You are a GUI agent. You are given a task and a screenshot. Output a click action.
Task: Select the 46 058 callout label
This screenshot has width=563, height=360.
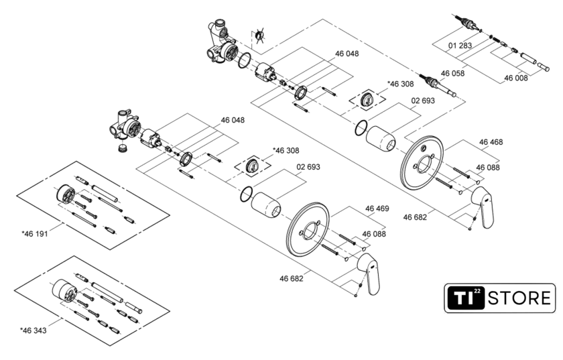coord(452,73)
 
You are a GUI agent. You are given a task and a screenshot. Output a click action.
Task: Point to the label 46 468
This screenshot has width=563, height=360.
coord(491,142)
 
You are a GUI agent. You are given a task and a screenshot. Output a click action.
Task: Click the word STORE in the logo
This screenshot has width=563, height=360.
coord(521,298)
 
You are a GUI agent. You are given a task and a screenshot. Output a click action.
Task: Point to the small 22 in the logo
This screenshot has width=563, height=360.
coord(477,291)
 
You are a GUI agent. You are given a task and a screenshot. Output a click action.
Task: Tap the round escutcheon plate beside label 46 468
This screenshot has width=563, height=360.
coord(421,164)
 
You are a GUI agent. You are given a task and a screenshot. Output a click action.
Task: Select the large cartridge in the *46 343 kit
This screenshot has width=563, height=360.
coord(64,290)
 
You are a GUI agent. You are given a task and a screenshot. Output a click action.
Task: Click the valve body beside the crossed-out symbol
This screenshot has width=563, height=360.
coord(222,44)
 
